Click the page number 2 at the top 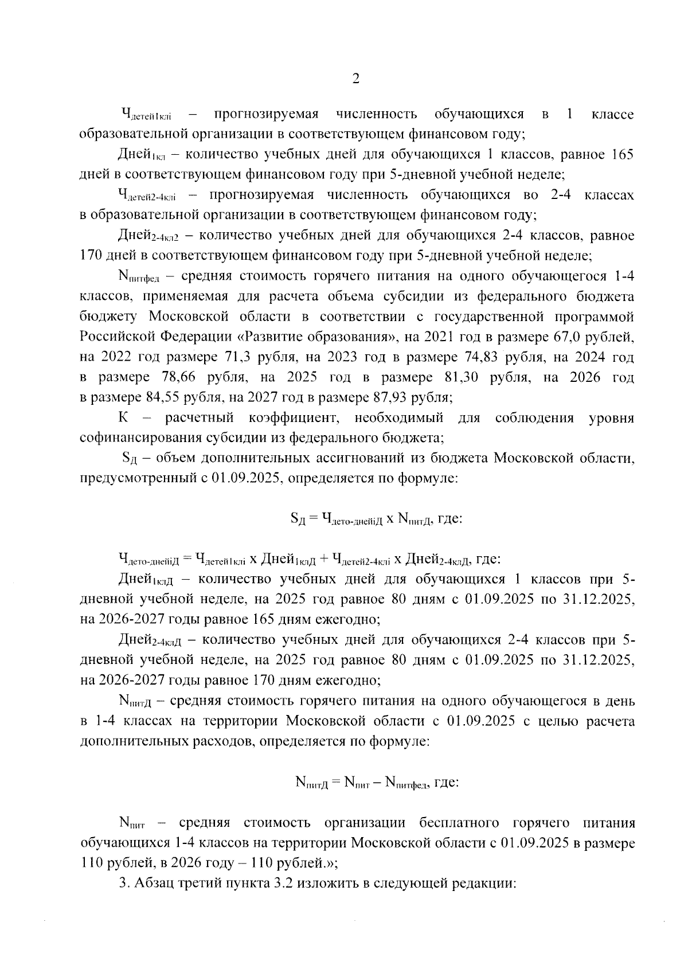(355, 79)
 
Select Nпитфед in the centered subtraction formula (408, 783)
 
